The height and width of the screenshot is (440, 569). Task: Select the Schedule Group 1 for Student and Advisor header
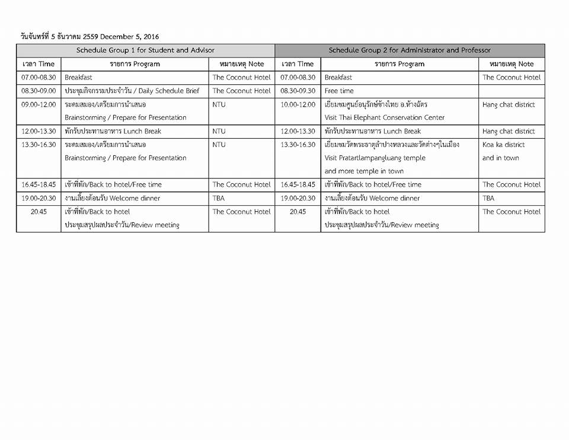[145, 50]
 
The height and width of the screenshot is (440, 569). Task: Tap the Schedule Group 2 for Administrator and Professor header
[410, 50]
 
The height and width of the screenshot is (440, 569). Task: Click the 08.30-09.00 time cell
[39, 91]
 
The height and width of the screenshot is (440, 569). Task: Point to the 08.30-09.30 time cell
[298, 91]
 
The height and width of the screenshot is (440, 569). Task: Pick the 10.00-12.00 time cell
[298, 104]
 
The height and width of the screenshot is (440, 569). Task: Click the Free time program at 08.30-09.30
[339, 91]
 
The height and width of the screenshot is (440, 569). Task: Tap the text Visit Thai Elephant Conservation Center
[384, 117]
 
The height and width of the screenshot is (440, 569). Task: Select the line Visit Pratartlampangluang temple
[375, 158]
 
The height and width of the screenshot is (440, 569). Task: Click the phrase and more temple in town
[364, 171]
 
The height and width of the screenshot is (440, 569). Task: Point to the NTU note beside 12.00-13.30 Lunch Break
[219, 131]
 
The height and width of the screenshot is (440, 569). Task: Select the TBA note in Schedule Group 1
[219, 198]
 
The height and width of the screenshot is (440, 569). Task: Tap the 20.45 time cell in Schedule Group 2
[298, 211]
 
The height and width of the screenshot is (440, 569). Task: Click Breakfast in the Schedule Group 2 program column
[338, 77]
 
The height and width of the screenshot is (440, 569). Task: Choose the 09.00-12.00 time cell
[39, 104]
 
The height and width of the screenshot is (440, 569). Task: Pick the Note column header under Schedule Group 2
[512, 64]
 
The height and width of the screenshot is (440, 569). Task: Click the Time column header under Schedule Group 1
[39, 64]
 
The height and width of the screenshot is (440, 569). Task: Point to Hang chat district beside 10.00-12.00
[509, 104]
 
